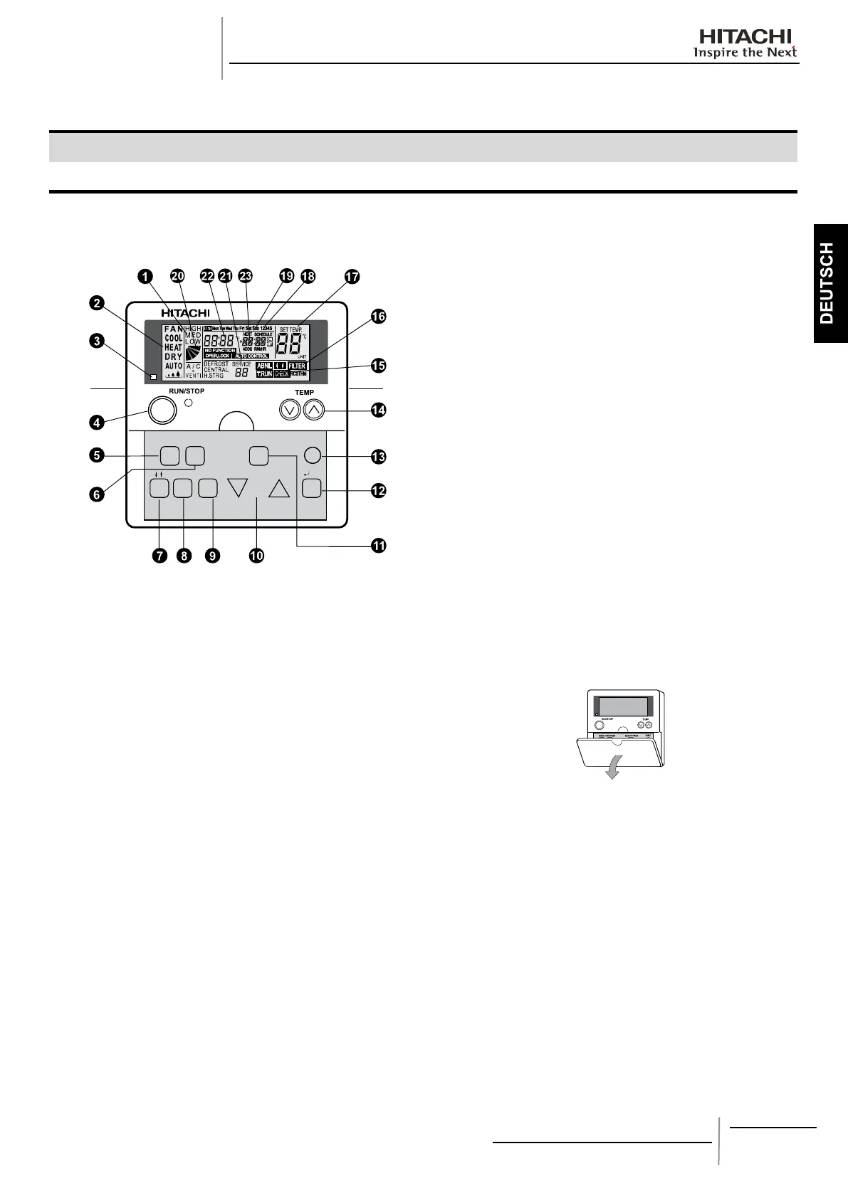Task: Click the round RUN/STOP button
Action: click(162, 410)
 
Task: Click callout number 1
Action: click(145, 277)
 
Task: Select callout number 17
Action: click(352, 277)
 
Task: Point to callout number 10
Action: click(256, 556)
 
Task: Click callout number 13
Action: click(379, 456)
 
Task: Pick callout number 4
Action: click(96, 421)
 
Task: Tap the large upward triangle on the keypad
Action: click(280, 488)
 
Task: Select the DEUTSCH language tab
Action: click(827, 283)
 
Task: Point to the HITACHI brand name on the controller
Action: click(185, 312)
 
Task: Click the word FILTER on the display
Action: click(297, 366)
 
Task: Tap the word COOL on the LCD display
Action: click(173, 339)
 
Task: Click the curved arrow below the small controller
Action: click(611, 770)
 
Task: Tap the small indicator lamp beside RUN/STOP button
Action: click(189, 403)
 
